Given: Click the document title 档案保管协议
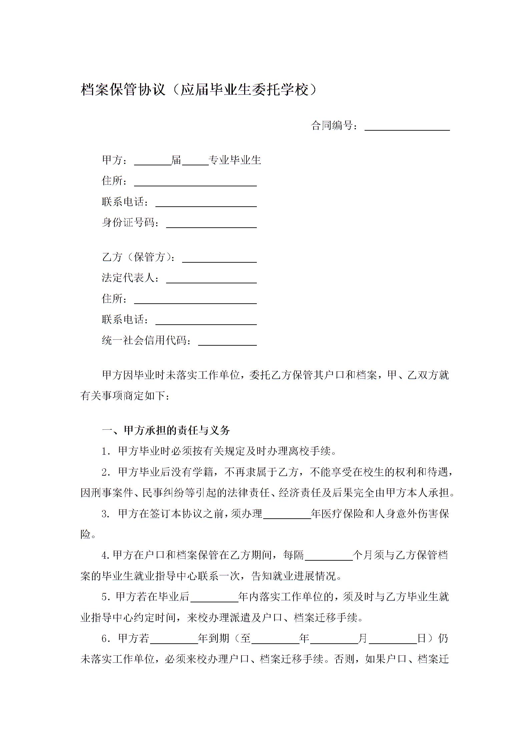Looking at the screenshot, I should (123, 90).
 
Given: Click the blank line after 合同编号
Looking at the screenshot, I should (407, 127).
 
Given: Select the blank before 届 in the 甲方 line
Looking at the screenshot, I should (152, 162).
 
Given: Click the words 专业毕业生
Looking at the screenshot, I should (234, 160).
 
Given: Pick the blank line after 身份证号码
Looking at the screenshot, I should (211, 224).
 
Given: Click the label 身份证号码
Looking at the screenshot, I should (130, 222).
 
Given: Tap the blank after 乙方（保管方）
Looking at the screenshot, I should (219, 259).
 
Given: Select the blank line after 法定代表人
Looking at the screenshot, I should (211, 280).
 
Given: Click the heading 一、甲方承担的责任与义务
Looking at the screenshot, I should (166, 431).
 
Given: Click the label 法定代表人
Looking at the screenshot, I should (130, 278).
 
